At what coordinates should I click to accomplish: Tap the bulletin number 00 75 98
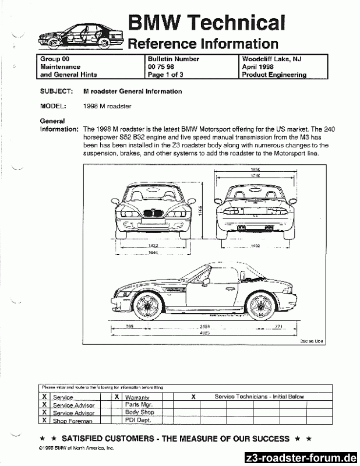163,67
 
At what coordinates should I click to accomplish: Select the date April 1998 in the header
259,67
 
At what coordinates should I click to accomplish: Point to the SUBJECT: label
56,91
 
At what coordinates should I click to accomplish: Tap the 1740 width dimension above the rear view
255,175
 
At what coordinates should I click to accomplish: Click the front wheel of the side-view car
146,303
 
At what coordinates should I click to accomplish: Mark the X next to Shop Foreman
45,419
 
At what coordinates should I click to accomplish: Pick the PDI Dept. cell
137,419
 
